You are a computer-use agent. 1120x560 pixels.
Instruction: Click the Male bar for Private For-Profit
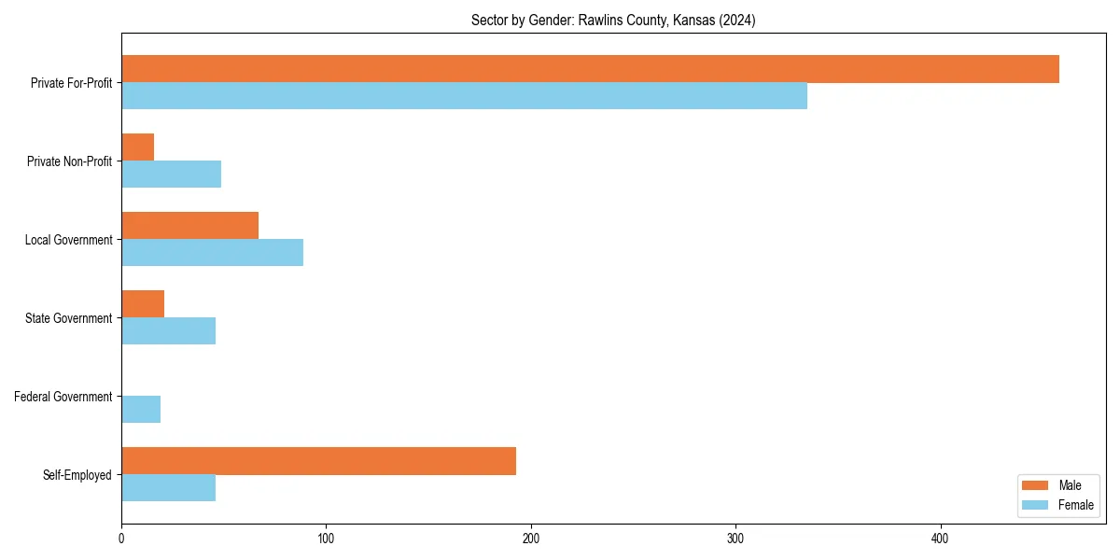[x=590, y=69]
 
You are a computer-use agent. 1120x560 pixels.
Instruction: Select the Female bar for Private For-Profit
[x=464, y=96]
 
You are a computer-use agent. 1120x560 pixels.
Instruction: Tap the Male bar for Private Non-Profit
[x=137, y=147]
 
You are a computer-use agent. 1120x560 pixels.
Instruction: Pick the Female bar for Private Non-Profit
[x=171, y=175]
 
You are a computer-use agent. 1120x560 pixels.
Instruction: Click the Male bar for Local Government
[x=189, y=226]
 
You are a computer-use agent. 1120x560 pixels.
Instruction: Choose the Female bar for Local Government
[x=212, y=253]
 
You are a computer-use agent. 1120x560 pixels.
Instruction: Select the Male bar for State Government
[x=143, y=304]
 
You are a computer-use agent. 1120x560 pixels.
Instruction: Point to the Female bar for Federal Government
[x=141, y=410]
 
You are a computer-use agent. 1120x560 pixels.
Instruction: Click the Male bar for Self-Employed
[x=318, y=461]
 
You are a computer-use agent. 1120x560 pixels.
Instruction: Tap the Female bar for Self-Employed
[x=168, y=488]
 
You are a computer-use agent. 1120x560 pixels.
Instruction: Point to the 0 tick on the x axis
[x=121, y=539]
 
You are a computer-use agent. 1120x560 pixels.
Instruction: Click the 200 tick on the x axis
[x=531, y=539]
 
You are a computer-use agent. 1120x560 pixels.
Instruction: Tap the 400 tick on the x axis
[x=941, y=539]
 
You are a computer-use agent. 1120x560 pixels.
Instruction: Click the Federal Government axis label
[x=63, y=397]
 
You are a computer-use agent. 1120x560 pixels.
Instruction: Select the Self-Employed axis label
[x=77, y=475]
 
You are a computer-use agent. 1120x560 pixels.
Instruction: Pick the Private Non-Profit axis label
[x=69, y=161]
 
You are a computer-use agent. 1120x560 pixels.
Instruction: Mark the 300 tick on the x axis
[x=735, y=539]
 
